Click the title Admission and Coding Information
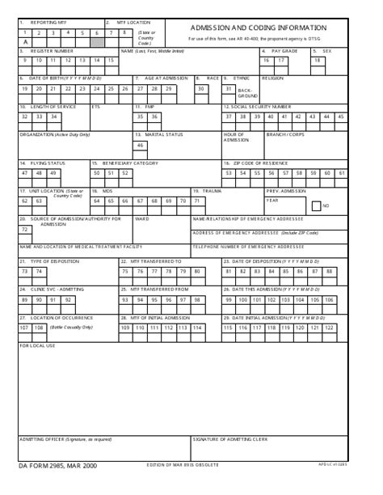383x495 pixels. (x=259, y=27)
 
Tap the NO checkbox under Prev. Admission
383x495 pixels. (x=316, y=205)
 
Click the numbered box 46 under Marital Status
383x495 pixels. (x=139, y=145)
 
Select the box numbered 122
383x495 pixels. (x=352, y=328)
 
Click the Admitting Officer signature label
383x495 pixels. (x=65, y=439)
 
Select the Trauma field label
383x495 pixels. (x=212, y=191)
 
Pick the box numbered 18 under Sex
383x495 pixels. (x=317, y=60)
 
